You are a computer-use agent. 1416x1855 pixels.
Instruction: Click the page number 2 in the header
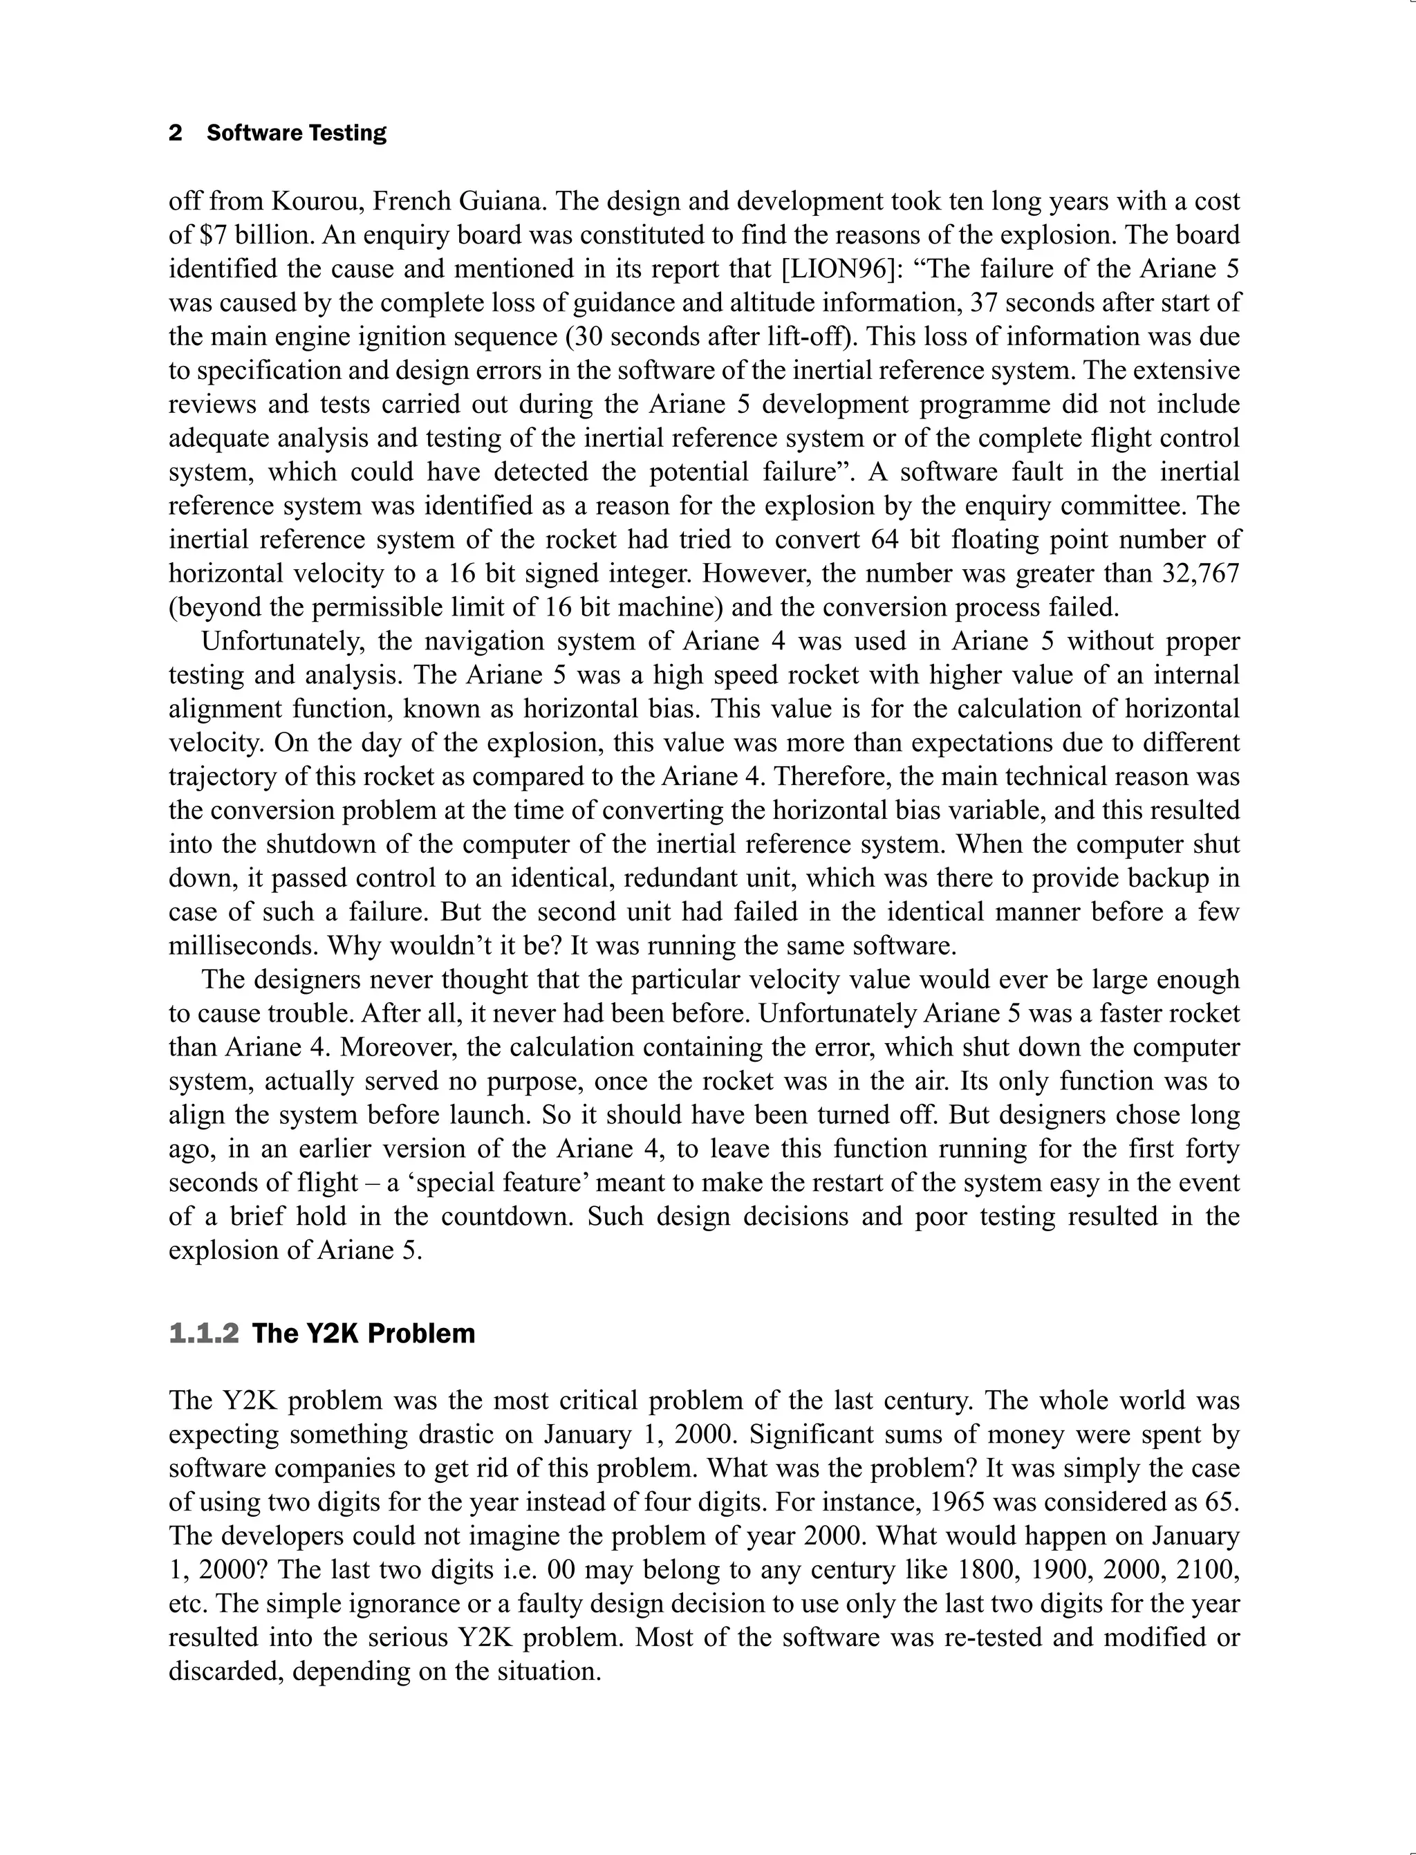(176, 133)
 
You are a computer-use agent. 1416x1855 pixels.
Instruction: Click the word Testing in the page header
(347, 133)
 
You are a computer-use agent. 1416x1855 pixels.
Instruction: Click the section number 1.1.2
(204, 1333)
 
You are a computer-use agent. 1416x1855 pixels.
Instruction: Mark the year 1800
(989, 1569)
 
